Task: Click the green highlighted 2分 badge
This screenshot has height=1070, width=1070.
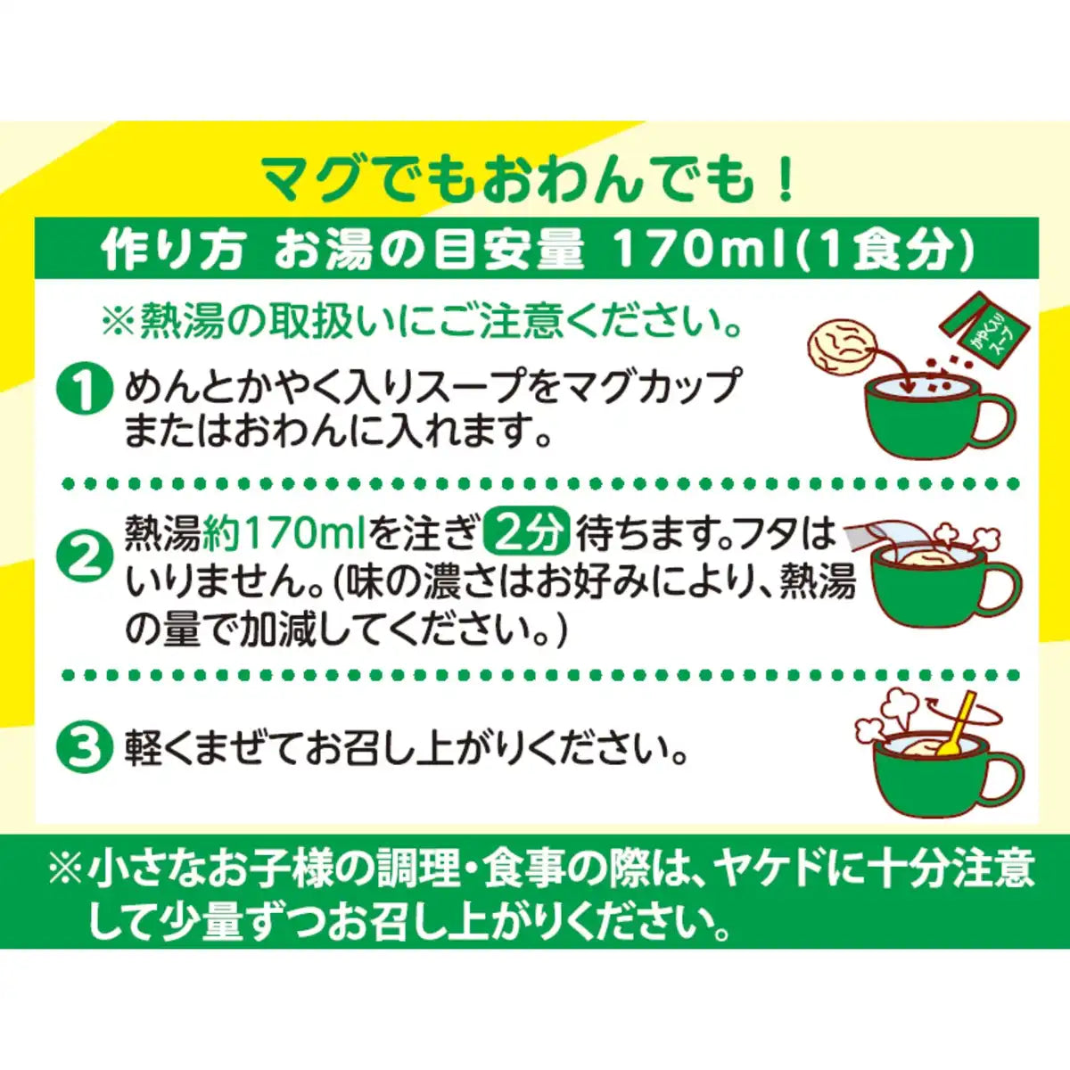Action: tap(525, 534)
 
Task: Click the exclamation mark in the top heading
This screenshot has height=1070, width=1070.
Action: tap(784, 179)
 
